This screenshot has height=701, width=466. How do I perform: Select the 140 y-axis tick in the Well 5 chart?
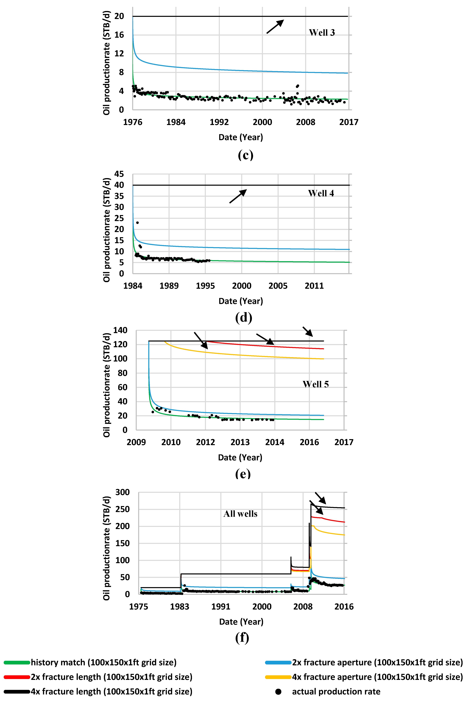tap(120, 330)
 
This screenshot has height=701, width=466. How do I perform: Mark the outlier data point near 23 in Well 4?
tap(137, 223)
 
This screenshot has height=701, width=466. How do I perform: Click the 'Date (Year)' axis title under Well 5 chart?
tap(240, 457)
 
